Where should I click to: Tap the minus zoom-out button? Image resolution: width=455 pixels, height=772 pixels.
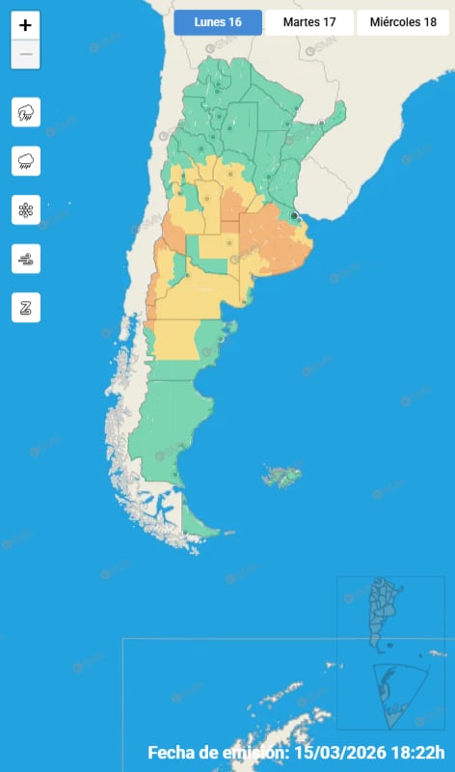25,55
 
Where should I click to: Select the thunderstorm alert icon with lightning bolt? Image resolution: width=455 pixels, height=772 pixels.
25,113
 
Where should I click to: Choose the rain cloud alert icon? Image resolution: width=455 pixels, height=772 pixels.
25,161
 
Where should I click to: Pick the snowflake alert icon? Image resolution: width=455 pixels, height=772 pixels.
25,209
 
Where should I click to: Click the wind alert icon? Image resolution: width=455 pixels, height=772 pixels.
25,258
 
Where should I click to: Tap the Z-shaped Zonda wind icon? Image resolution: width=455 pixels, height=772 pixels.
25,308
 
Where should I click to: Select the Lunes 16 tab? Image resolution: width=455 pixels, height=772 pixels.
217,22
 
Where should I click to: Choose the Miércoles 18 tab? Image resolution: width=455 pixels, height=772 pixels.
402,22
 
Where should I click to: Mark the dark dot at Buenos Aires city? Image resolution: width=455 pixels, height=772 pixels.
293,216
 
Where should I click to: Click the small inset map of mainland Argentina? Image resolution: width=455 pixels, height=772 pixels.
385,613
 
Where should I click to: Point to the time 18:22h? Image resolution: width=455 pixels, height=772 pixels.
424,753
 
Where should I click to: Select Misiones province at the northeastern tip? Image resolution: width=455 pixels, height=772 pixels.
335,121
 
